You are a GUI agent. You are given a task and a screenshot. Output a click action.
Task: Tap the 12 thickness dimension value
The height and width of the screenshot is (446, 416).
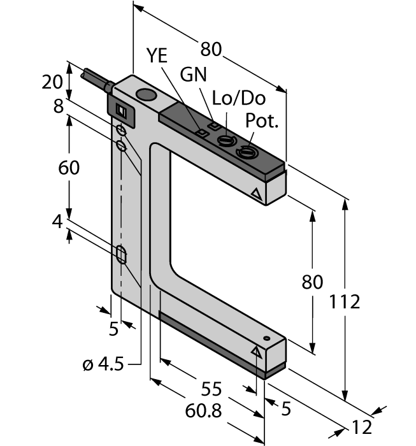361,427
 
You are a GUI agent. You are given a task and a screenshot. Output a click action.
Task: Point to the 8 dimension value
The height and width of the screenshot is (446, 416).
59,106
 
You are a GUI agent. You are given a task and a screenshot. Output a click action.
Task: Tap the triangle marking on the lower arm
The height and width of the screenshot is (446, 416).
257,350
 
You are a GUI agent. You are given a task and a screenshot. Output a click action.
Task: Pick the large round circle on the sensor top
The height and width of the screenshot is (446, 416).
147,97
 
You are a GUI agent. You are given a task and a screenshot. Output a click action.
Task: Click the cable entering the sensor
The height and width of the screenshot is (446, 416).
92,79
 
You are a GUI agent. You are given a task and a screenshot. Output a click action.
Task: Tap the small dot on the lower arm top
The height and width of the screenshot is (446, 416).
267,338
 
